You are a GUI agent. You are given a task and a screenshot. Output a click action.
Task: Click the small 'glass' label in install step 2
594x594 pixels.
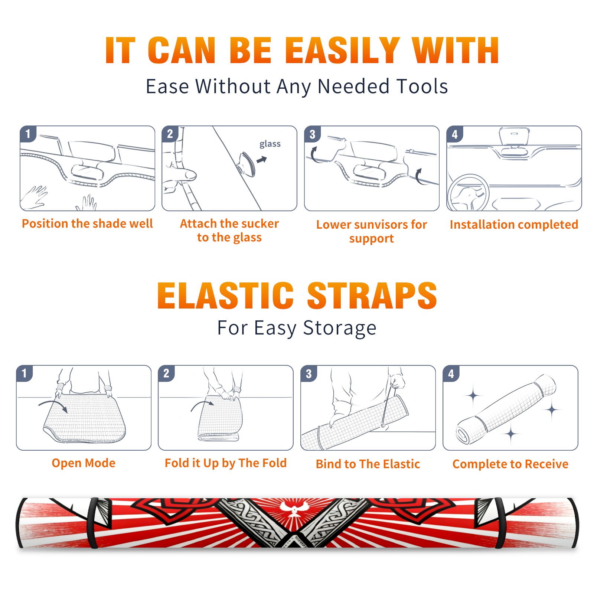click(x=270, y=144)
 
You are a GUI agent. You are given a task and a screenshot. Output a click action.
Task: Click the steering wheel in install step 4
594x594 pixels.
click(x=468, y=192)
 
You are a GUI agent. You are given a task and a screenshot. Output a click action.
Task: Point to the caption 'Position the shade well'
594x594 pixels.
click(x=87, y=223)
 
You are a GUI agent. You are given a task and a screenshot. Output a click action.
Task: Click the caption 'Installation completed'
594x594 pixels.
click(x=514, y=224)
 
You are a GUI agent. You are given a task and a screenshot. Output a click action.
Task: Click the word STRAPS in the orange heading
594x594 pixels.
click(x=372, y=296)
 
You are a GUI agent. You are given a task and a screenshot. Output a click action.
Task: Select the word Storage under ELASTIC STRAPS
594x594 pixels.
click(x=340, y=328)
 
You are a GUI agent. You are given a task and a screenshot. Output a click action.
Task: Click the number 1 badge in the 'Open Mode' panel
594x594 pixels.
click(x=25, y=373)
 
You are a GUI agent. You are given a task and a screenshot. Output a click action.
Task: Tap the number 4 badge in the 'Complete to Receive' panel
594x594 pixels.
click(x=451, y=374)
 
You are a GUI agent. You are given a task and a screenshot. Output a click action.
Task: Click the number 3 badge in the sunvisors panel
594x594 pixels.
click(x=312, y=134)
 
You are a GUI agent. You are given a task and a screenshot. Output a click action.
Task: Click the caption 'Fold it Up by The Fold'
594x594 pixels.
click(x=226, y=463)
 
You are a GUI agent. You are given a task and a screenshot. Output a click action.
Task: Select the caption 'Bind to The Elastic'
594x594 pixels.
click(x=368, y=464)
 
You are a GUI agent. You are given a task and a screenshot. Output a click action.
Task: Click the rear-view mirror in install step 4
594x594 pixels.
click(x=514, y=137)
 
